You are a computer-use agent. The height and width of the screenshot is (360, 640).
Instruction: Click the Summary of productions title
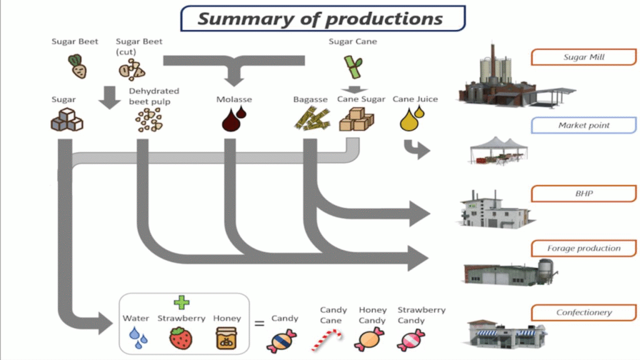322,19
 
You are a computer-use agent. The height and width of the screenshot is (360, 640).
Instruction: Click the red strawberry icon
181,338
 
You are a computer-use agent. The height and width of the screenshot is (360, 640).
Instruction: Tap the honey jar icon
226,338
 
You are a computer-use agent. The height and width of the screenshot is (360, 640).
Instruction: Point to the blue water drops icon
138,338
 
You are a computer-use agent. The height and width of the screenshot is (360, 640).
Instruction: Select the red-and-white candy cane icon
327,340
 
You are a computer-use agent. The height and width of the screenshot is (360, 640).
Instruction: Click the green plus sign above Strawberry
181,302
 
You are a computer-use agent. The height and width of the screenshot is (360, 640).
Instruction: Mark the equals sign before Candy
259,324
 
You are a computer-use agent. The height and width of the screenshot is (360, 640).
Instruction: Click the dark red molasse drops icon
234,119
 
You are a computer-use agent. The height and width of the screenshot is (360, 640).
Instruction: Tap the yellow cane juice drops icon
411,119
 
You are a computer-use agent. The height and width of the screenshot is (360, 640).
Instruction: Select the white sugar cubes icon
66,119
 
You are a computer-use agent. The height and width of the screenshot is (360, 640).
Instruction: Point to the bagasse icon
311,119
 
